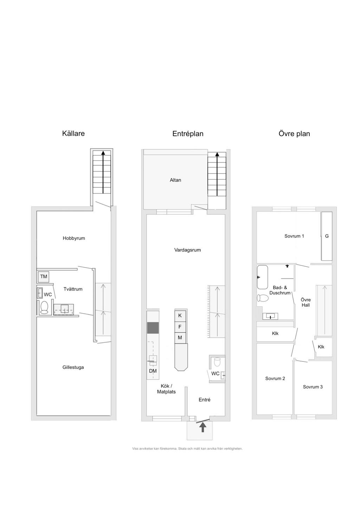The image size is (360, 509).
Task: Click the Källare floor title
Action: coord(73,133)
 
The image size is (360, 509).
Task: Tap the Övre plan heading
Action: coord(294,133)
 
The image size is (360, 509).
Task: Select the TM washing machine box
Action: coord(44,276)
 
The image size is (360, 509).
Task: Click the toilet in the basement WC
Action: coord(44,307)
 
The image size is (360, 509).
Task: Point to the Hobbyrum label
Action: coord(74,238)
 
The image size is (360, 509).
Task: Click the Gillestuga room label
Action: coord(73,367)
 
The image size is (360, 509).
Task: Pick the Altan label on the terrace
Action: coord(175,180)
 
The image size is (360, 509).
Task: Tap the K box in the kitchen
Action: coord(180,315)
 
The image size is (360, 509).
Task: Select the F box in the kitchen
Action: coord(180,327)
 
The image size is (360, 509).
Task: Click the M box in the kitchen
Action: coord(180,338)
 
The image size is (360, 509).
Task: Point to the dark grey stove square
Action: coord(153,328)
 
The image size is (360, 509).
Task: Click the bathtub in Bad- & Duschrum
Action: coord(262,277)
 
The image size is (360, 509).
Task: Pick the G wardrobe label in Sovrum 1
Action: coord(327,236)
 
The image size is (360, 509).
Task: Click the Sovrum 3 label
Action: coord(313,387)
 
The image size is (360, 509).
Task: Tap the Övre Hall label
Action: coord(306,302)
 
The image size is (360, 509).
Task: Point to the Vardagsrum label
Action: coord(187,250)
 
